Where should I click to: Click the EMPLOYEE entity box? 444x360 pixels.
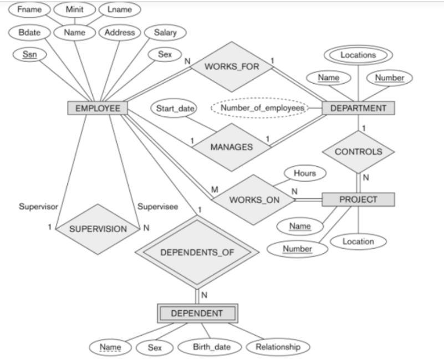98,108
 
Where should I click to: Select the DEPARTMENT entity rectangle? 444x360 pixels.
358,108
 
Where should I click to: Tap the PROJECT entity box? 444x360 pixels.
358,199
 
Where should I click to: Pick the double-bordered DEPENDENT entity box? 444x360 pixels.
197,313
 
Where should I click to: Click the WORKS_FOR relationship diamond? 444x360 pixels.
231,66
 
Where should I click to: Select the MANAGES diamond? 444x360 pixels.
231,147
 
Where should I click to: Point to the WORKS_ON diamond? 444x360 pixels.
254,199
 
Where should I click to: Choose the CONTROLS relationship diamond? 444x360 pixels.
358,152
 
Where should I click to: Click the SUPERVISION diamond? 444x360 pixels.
98,229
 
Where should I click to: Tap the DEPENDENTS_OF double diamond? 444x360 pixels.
197,253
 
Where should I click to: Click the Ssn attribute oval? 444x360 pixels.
29,55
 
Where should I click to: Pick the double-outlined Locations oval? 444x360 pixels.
358,55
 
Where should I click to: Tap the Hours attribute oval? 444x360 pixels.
304,173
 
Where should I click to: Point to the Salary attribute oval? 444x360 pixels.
165,33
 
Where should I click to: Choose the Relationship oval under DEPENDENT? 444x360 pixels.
278,347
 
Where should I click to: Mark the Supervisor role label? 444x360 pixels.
38,207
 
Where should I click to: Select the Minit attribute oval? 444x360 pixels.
75,10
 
